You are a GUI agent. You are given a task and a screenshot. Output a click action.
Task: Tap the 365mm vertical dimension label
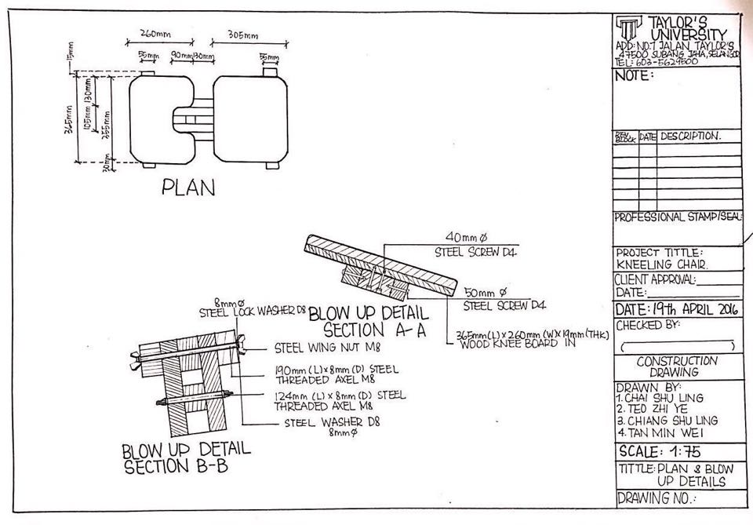(x=69, y=122)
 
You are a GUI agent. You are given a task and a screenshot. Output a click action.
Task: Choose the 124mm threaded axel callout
(x=339, y=400)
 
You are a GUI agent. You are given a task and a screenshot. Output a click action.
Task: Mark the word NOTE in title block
(x=635, y=76)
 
